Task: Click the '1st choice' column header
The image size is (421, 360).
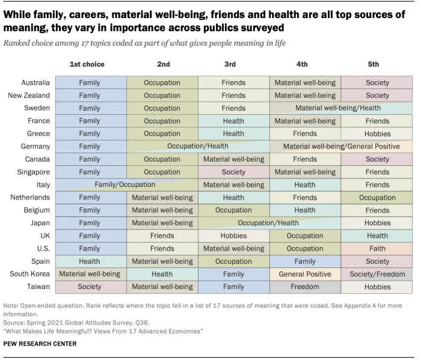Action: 87,64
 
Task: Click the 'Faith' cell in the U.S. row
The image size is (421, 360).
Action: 377,249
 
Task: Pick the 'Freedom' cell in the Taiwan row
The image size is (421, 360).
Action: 305,287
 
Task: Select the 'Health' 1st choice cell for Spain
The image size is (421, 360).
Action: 90,261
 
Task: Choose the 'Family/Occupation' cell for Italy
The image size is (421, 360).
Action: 125,185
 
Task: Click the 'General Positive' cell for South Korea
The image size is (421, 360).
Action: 305,274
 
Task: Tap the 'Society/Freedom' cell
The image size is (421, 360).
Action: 377,274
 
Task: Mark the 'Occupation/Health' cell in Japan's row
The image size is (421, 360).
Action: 268,223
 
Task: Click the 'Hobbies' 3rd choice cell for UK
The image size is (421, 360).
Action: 233,236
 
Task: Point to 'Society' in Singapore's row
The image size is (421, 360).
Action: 233,172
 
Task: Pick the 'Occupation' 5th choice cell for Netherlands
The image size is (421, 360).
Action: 377,198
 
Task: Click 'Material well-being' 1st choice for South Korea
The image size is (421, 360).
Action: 90,274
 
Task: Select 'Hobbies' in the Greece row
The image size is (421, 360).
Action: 377,134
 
